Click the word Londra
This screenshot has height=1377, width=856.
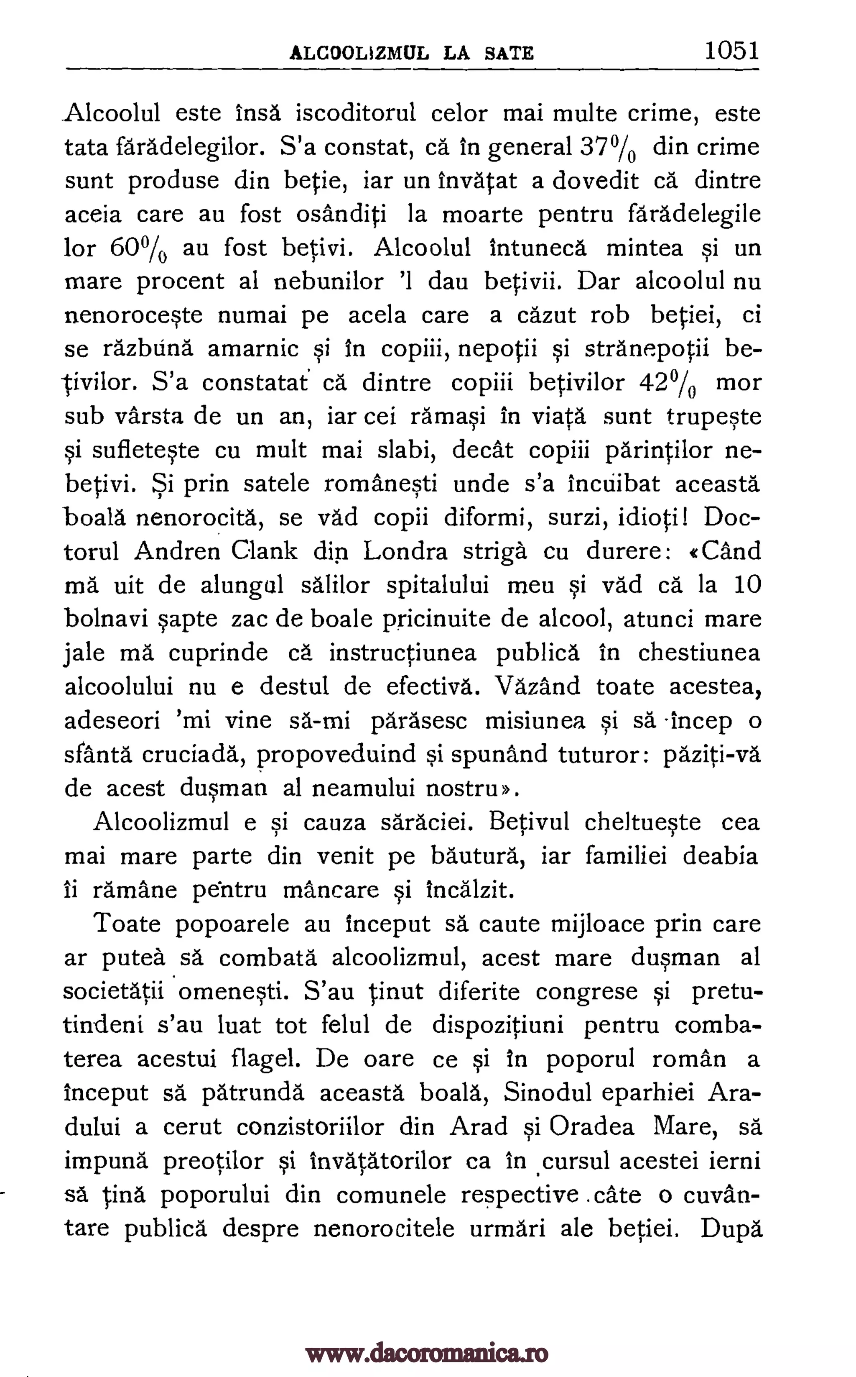406,551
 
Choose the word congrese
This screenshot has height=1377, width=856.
587,991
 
